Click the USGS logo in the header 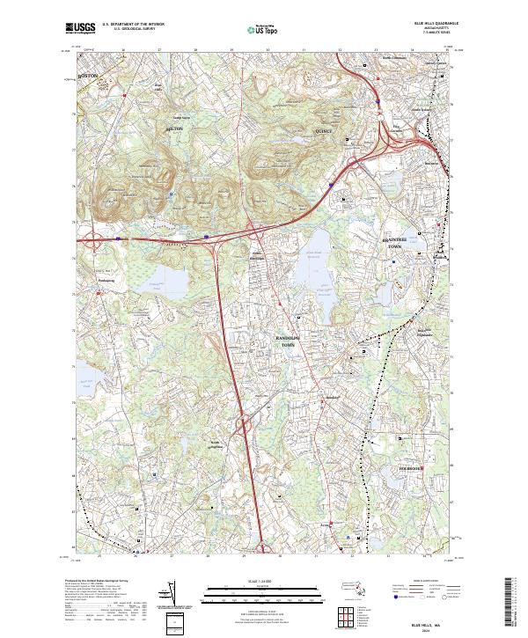(80, 28)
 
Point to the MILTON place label (175, 128)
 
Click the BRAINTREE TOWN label (396, 243)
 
